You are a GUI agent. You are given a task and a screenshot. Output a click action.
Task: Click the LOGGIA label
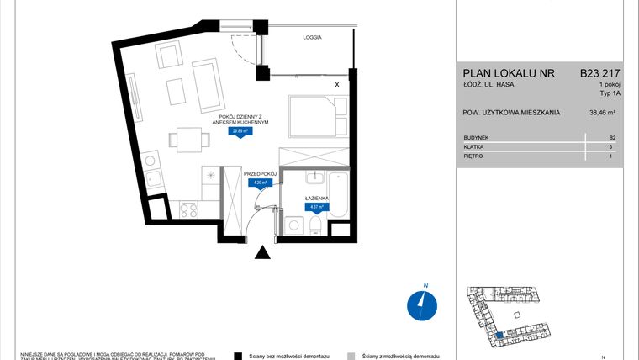pos(313,38)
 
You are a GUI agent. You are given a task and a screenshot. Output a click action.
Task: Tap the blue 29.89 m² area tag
pos(240,131)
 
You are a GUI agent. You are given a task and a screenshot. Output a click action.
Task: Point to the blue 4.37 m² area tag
pos(316,205)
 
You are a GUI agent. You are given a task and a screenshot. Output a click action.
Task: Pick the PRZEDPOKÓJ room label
pos(260,172)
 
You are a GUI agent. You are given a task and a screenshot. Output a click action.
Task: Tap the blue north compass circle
pos(420,305)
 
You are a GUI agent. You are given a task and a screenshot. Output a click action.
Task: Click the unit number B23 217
pos(600,73)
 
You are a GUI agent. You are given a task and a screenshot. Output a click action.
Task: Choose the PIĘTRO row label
pos(474,157)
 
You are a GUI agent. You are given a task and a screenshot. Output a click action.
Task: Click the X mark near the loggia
pos(337,85)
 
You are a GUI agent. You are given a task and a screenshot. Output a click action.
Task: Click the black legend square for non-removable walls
pos(239,356)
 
